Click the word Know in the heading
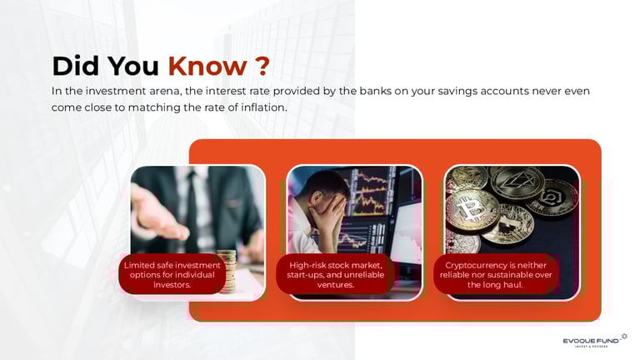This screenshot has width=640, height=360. click(207, 66)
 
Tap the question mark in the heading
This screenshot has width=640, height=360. click(264, 66)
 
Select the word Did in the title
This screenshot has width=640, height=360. click(76, 66)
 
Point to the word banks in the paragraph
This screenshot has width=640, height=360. click(374, 91)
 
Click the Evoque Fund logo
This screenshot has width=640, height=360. click(594, 341)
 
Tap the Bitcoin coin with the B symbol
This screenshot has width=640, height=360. click(472, 210)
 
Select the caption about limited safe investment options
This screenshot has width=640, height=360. click(172, 275)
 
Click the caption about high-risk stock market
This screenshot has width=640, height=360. click(335, 275)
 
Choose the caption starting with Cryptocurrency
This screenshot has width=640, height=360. click(496, 275)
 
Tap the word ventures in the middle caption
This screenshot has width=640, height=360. click(335, 285)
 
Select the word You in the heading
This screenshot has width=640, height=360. click(133, 66)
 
